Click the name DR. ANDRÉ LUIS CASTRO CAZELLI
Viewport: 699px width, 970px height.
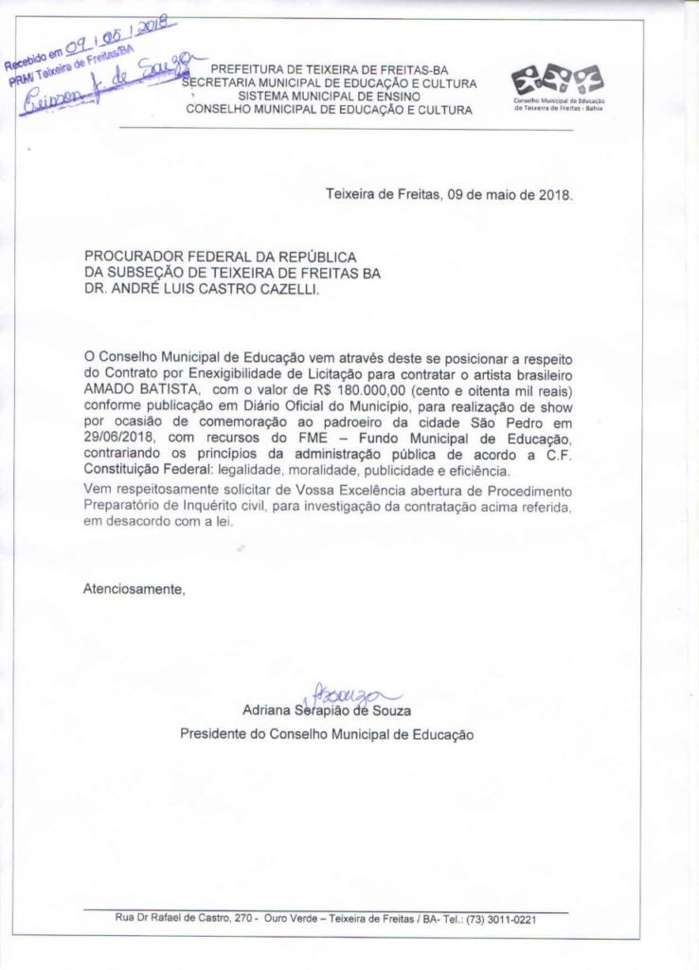pyautogui.click(x=202, y=291)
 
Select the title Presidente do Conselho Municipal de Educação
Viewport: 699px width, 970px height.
pyautogui.click(x=327, y=734)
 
